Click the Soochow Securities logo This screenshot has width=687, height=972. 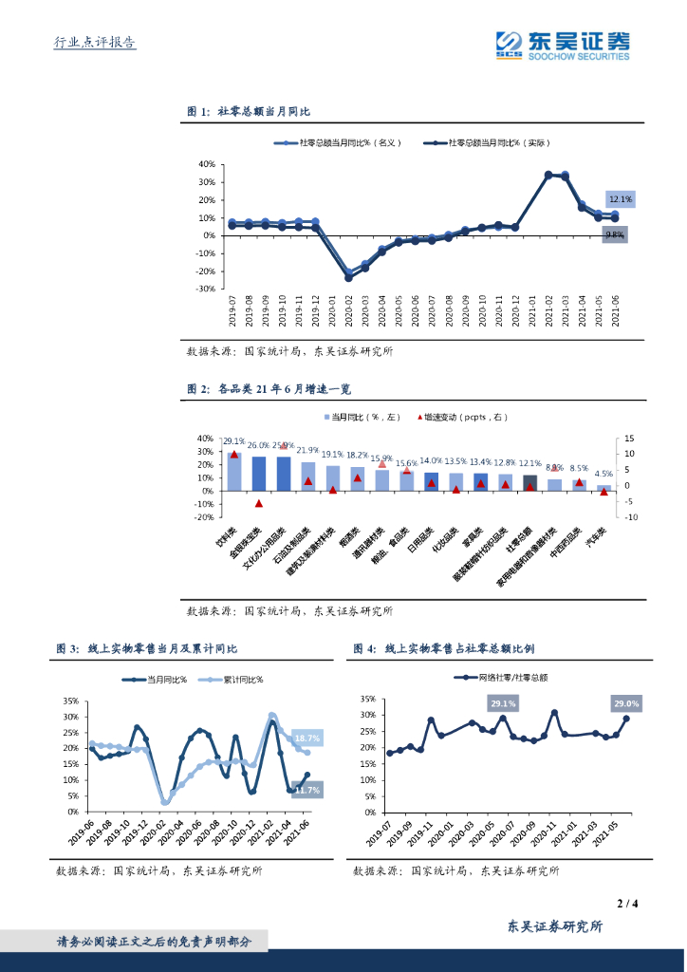pyautogui.click(x=563, y=44)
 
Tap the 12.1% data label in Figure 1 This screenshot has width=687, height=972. pyautogui.click(x=620, y=199)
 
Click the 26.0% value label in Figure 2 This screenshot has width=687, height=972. pyautogui.click(x=258, y=444)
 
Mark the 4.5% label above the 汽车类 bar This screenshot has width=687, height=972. pyautogui.click(x=603, y=473)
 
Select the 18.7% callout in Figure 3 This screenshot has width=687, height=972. pyautogui.click(x=306, y=738)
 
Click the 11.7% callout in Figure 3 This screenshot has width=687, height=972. pyautogui.click(x=306, y=789)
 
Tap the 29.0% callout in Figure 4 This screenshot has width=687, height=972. pyautogui.click(x=626, y=703)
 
